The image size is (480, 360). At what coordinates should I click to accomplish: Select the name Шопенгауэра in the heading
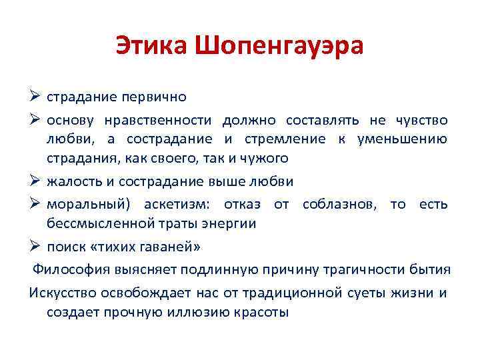pos(280,46)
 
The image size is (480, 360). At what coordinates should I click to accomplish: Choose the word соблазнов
pos(337,204)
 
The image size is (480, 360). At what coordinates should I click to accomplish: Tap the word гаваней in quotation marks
pos(165,247)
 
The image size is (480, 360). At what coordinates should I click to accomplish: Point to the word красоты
pos(262,312)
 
